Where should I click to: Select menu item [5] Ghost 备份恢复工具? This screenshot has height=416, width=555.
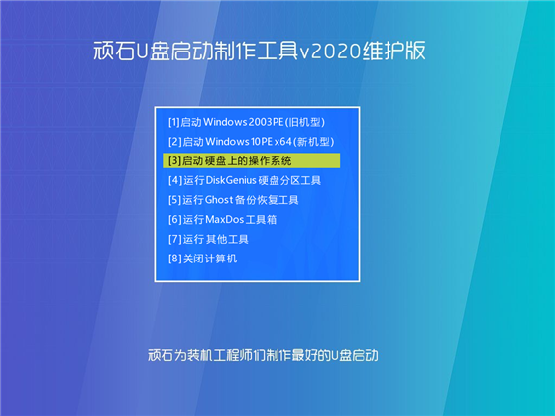[x=234, y=199]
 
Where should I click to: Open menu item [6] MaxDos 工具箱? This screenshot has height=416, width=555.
[x=229, y=219]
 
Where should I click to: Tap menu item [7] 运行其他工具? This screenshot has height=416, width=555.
[x=209, y=239]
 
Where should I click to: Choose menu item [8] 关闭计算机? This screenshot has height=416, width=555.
[x=203, y=259]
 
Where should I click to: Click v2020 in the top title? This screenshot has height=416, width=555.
[x=353, y=50]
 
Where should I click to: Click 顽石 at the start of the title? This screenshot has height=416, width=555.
[x=105, y=50]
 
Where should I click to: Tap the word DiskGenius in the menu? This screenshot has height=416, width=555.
[x=237, y=180]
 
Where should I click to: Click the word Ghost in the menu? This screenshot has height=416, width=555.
[x=225, y=199]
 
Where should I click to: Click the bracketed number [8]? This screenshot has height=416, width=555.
[x=174, y=259]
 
